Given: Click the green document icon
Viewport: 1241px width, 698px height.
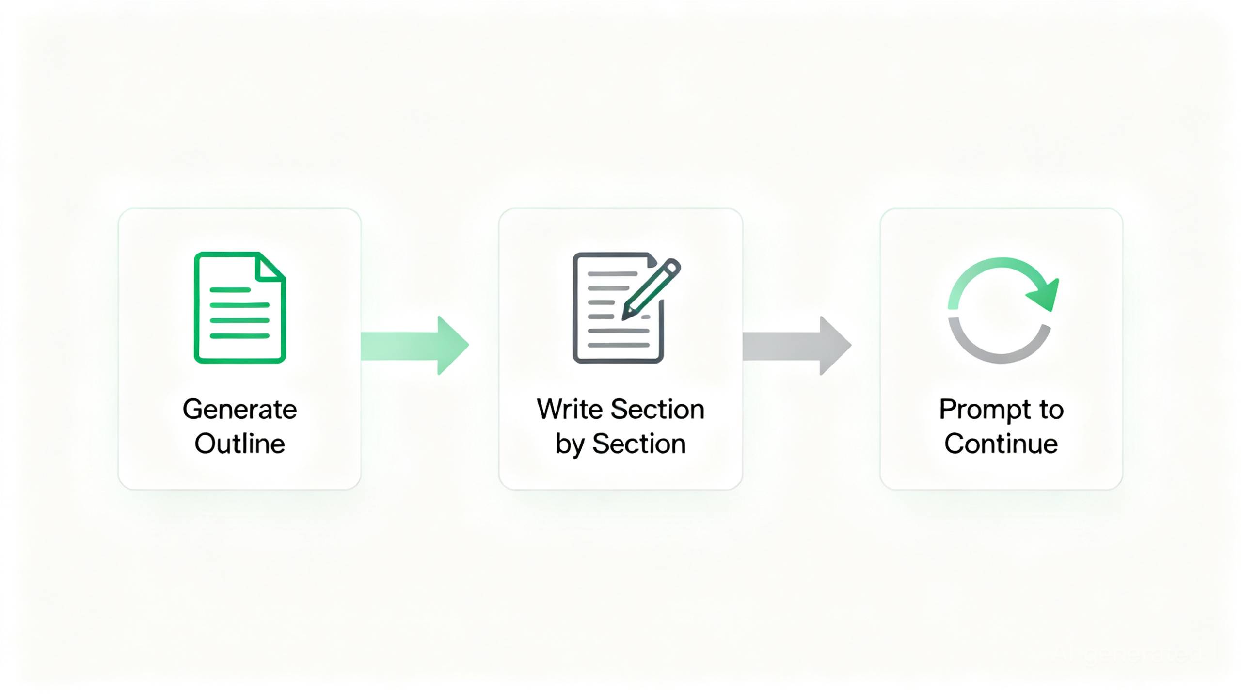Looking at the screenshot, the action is coord(240,307).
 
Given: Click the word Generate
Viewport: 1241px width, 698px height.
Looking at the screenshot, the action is coord(239,410).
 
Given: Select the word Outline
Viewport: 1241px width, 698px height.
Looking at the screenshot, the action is coord(239,444).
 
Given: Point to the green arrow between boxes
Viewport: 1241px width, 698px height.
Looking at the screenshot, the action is coord(415,346).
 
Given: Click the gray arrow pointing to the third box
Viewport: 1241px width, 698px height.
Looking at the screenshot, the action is coord(797,346).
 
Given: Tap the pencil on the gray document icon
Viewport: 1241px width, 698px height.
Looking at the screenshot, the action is coord(652,289).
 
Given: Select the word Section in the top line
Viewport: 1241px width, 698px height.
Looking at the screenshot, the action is coord(657,409).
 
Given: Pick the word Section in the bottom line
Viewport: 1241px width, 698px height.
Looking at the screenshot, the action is coord(639,444).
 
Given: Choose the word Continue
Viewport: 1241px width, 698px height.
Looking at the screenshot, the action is coord(1001,444).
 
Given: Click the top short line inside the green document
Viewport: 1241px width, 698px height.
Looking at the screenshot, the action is coord(230,290).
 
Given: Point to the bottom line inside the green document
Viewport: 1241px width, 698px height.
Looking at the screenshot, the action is coord(239,336).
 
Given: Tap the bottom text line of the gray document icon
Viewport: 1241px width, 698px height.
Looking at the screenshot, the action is coord(619,345).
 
